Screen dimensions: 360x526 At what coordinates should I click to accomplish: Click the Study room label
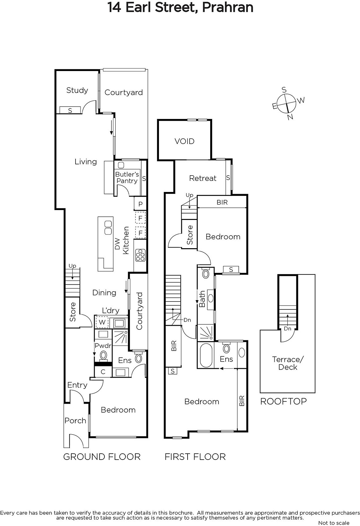[x=77, y=90]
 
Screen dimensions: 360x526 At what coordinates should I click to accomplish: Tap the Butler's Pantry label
[x=127, y=178]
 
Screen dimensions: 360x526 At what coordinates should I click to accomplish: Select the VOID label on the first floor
[x=185, y=141]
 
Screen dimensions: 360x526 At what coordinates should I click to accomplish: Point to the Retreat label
[x=203, y=178]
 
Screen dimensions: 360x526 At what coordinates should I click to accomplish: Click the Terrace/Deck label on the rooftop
[x=288, y=363]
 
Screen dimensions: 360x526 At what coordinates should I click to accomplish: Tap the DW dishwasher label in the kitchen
[x=117, y=244]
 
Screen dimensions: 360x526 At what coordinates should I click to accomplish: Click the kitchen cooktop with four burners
[x=140, y=255]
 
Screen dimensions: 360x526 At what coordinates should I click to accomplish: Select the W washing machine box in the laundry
[x=102, y=322]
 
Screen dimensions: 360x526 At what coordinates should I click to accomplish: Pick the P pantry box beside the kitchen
[x=140, y=204]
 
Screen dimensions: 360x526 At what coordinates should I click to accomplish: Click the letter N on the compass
[x=290, y=117]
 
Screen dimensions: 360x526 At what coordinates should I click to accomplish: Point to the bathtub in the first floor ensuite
[x=206, y=355]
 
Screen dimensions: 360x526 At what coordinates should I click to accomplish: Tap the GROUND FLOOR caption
[x=102, y=457]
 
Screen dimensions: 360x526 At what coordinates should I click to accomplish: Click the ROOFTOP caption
[x=283, y=401]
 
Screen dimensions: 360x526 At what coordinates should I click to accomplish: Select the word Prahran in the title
[x=228, y=7]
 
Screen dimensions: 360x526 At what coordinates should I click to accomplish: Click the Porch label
[x=75, y=420]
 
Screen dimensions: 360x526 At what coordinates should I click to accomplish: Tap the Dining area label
[x=104, y=293]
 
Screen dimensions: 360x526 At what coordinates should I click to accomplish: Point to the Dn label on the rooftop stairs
[x=287, y=328]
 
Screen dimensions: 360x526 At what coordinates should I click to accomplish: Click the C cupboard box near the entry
[x=103, y=372]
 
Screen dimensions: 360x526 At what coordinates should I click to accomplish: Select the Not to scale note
[x=334, y=523]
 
